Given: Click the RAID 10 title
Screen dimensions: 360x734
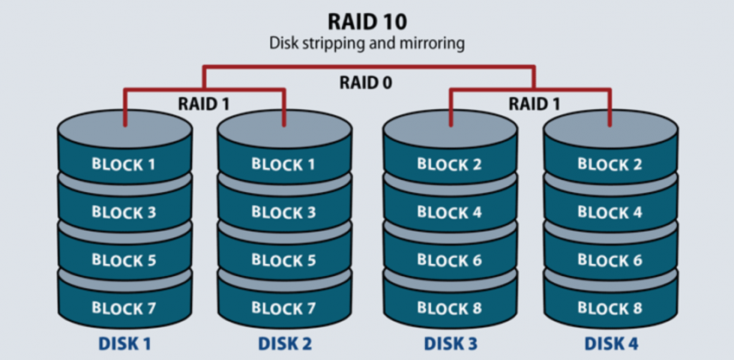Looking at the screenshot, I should tap(366, 20).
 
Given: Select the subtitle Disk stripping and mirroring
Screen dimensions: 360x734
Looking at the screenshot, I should tap(366, 42).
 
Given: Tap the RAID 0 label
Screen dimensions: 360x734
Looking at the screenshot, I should tap(366, 84).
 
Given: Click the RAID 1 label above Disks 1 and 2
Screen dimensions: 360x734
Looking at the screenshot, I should tap(205, 103).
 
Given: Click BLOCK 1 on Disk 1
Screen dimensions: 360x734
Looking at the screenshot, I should tap(124, 164).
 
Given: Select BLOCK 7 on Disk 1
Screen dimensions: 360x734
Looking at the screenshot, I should tap(124, 307).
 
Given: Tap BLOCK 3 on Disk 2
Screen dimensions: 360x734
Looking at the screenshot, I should tap(284, 212).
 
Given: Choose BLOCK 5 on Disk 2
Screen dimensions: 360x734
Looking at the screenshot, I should tap(284, 260).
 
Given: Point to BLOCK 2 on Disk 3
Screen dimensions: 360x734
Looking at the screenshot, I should tap(449, 164).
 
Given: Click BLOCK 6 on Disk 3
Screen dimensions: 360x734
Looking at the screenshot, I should tap(449, 260).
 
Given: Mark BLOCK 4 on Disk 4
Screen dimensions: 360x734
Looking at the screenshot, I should tap(610, 212).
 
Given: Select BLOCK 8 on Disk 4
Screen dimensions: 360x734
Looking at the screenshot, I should tap(610, 307).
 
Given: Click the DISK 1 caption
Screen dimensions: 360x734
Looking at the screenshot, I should tap(124, 344).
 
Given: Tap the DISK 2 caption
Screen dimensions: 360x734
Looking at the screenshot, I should tap(284, 344).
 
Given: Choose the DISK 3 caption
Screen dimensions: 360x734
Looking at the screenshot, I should tap(449, 344).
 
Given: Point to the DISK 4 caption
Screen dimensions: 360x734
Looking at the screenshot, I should tap(610, 344).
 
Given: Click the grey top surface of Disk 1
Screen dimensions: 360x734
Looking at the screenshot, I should tap(124, 132).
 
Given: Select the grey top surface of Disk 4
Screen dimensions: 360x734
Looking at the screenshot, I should tap(610, 132).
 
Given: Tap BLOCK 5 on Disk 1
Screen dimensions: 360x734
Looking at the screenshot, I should tap(124, 260).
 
